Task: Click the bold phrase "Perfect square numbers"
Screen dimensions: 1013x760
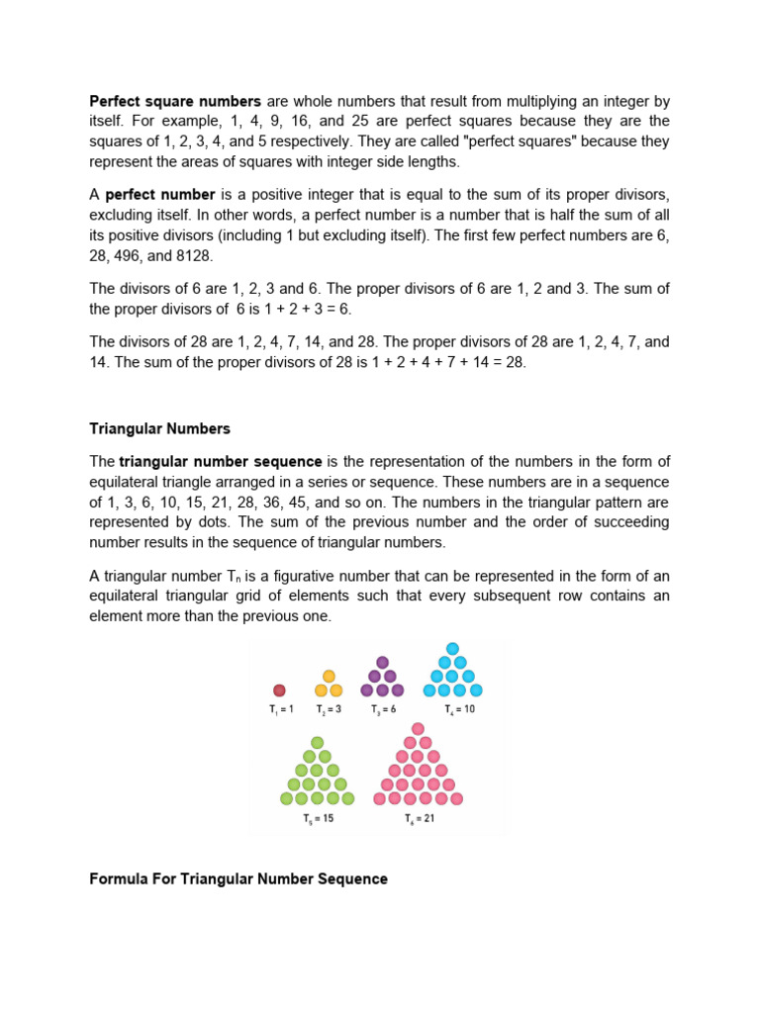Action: (x=175, y=101)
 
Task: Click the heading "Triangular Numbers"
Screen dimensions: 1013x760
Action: (x=159, y=428)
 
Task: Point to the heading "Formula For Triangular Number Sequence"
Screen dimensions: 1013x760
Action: (x=238, y=878)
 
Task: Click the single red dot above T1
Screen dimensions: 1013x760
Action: (x=279, y=691)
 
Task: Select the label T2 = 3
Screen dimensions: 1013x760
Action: (x=329, y=709)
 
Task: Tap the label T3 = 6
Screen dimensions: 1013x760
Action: (x=383, y=709)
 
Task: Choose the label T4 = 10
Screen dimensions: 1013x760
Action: (x=452, y=709)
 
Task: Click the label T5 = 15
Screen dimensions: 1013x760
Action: (x=317, y=819)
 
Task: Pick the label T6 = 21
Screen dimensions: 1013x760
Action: (x=418, y=819)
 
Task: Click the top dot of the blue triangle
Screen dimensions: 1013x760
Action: (x=452, y=649)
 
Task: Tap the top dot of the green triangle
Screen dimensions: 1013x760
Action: (x=317, y=742)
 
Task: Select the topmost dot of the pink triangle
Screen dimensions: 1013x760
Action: (x=418, y=729)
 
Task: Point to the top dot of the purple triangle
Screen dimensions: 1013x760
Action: (x=383, y=662)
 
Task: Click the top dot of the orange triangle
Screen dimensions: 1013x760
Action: (x=329, y=677)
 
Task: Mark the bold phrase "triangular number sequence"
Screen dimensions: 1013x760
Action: (x=221, y=461)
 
